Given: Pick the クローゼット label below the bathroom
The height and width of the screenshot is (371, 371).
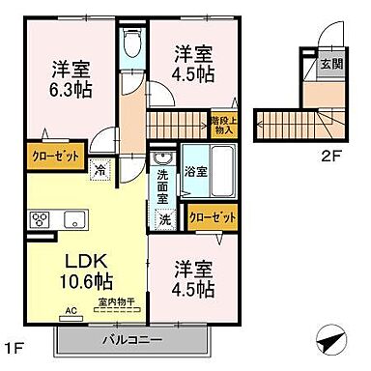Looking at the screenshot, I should coord(212,218).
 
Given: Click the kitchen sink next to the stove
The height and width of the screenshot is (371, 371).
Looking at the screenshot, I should coord(73,218).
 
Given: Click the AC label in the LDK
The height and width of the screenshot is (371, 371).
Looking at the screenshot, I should coord(69,311).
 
